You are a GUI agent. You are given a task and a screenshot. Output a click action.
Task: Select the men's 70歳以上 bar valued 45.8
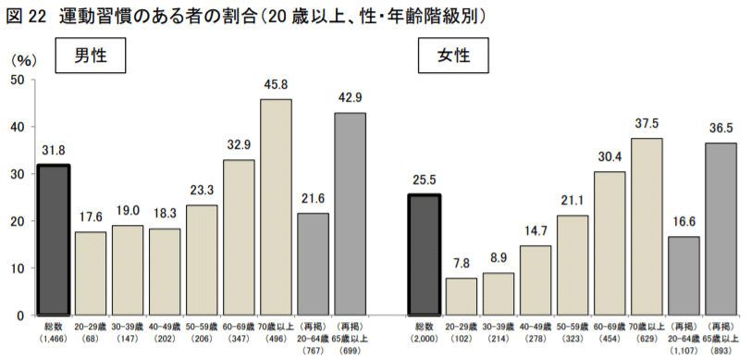[x=276, y=207]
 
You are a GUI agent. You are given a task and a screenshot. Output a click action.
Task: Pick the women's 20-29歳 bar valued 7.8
[x=461, y=296]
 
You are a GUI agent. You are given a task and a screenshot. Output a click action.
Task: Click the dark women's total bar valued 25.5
[x=425, y=255]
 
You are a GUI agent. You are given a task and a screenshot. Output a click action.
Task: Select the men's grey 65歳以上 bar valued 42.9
[x=350, y=214]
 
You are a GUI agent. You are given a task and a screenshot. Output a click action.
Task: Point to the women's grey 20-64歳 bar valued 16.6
[x=683, y=276]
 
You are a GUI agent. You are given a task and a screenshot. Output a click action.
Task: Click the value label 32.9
[x=239, y=144]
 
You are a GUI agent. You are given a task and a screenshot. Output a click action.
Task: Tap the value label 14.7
[x=535, y=230]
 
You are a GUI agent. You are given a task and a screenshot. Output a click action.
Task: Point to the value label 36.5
[x=720, y=128]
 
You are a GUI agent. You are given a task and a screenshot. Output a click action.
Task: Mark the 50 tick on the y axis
[x=17, y=80]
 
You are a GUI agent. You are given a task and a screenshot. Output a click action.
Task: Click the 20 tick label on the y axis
[x=17, y=221]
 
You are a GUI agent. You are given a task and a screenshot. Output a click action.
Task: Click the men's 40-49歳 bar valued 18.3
[x=165, y=272]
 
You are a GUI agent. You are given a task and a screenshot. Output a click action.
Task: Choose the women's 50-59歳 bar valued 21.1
[x=572, y=266]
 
